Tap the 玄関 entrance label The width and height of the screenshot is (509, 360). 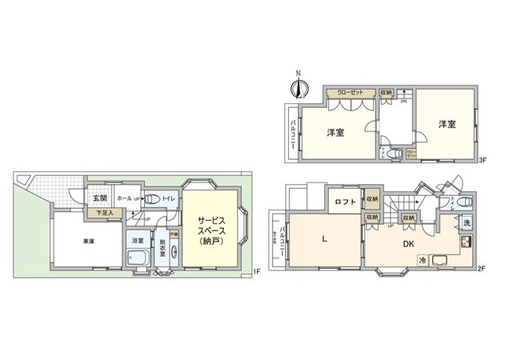tap(99, 198)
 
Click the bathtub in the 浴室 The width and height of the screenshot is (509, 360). tap(137, 258)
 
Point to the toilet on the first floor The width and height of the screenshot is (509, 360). tap(152, 199)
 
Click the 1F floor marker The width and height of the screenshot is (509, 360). tap(256, 273)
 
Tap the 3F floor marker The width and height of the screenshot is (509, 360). tap(483, 161)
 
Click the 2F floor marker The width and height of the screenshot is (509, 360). tap(483, 269)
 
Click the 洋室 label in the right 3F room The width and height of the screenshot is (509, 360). tap(447, 124)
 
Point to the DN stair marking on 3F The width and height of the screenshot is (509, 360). tap(404, 102)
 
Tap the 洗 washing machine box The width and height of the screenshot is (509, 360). tap(466, 223)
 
